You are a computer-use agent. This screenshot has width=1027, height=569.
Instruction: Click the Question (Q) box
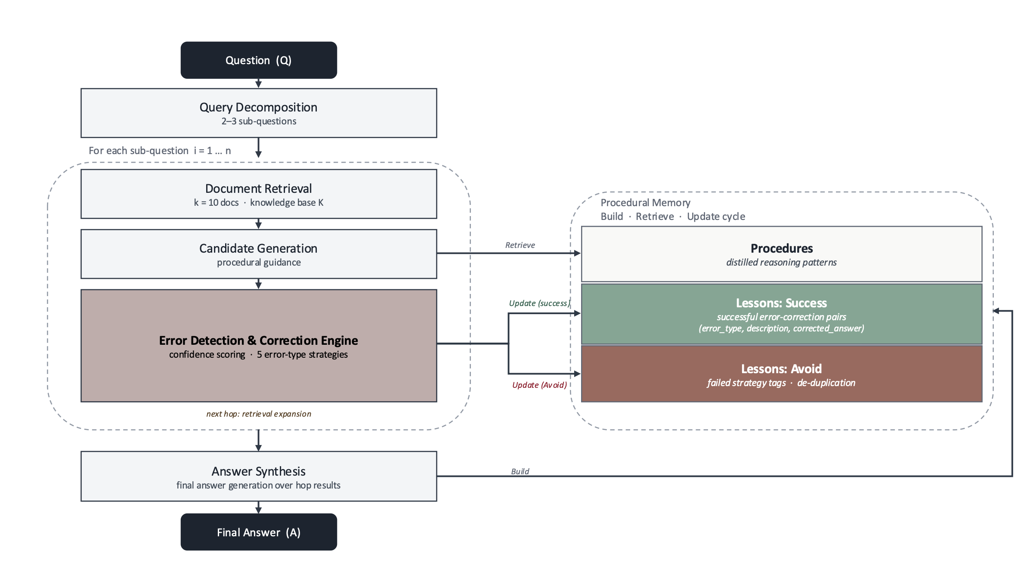point(259,60)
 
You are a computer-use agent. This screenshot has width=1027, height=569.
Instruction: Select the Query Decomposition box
point(259,113)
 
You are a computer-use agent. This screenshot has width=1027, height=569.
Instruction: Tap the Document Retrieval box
point(259,194)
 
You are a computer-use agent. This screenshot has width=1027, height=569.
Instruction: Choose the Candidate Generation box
point(259,254)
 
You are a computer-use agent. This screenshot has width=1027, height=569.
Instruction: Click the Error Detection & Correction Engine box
point(259,346)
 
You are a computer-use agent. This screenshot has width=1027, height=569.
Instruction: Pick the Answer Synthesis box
point(259,476)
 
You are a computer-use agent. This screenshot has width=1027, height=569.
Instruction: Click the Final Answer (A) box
point(259,532)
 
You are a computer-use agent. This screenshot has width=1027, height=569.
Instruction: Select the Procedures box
point(782,254)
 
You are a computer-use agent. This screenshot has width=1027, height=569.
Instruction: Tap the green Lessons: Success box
point(782,314)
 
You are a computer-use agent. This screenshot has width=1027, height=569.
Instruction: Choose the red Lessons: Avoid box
point(782,374)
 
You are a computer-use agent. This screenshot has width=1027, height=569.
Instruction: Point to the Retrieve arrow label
point(520,245)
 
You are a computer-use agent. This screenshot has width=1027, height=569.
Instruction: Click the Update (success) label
point(539,303)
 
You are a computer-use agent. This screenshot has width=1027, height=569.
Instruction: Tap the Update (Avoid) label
point(539,385)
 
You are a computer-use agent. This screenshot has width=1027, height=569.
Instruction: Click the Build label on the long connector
point(520,471)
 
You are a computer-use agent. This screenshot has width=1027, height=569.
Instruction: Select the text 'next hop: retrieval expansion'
point(259,414)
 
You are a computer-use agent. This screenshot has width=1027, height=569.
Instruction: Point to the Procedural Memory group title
point(645,203)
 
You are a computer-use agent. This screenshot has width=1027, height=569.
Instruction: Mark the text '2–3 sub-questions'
point(259,121)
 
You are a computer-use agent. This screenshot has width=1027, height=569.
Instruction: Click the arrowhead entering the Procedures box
point(578,253)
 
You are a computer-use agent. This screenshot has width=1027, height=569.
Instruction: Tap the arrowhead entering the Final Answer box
point(258,510)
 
